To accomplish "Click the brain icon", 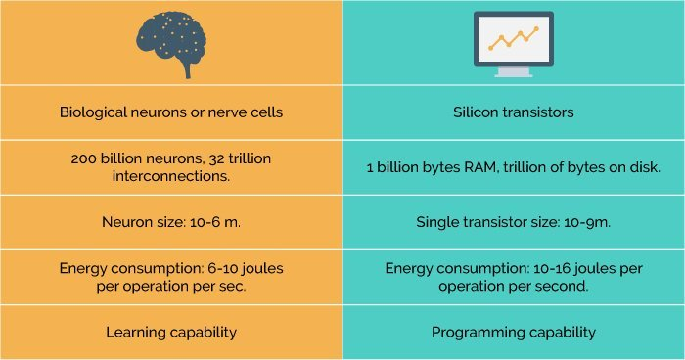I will pyautogui.click(x=170, y=42).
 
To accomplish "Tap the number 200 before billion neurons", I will pyautogui.click(x=84, y=158).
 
